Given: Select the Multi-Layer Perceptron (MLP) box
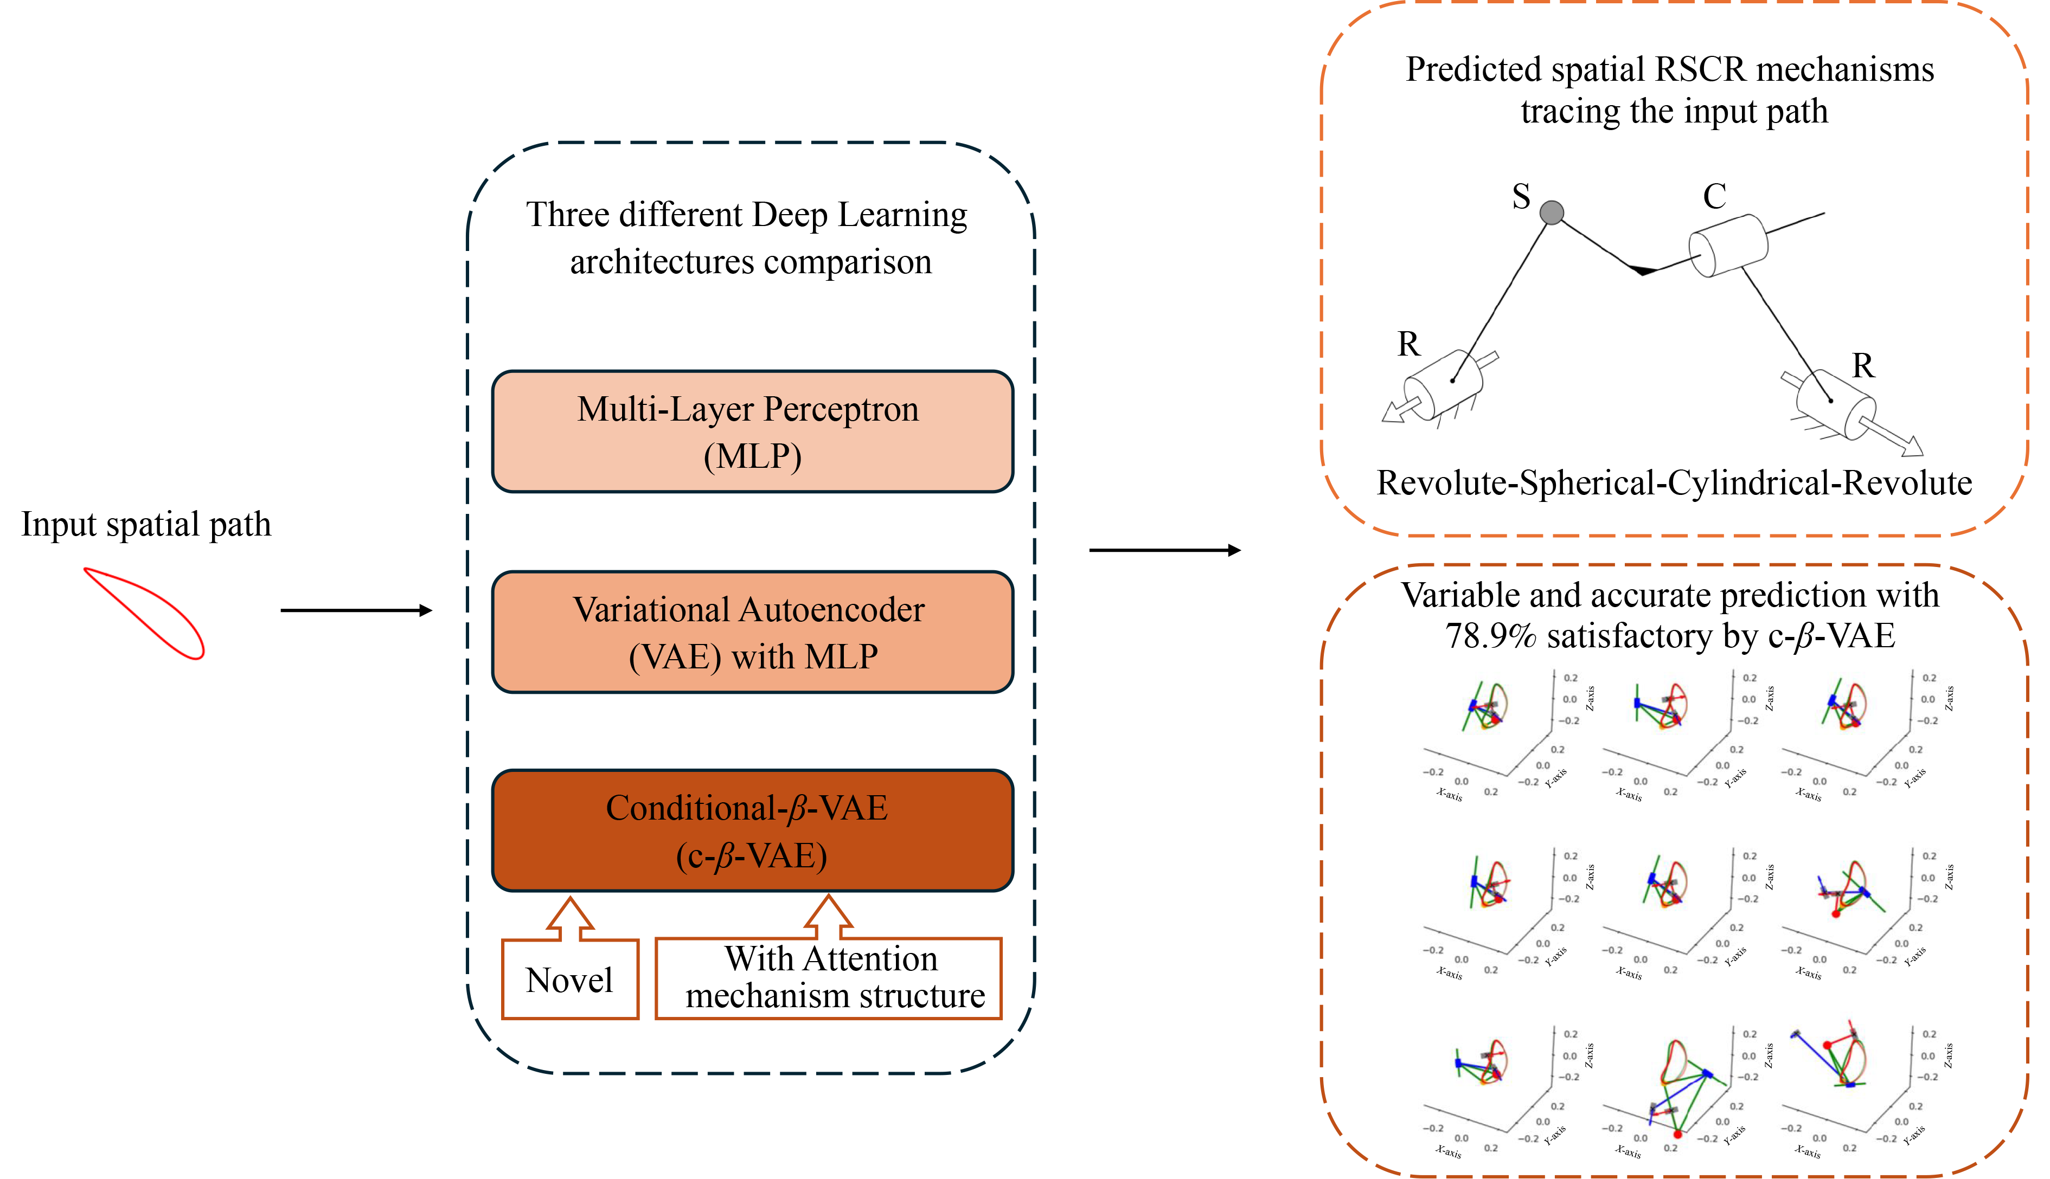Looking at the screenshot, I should pyautogui.click(x=752, y=431).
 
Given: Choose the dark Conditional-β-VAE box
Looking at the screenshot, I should pyautogui.click(x=752, y=831).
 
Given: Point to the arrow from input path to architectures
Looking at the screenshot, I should pyautogui.click(x=356, y=610).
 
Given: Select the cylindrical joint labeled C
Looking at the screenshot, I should pyautogui.click(x=1728, y=246).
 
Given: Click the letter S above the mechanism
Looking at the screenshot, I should pyautogui.click(x=1521, y=197).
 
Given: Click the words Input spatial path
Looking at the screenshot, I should pyautogui.click(x=146, y=524).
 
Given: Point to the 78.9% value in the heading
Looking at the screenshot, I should pyautogui.click(x=1490, y=636).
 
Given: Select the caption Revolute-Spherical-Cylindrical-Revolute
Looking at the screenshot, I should pyautogui.click(x=1674, y=484).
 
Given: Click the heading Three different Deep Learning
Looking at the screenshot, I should pyautogui.click(x=746, y=215).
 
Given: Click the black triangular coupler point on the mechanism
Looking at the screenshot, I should pyautogui.click(x=1642, y=269).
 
